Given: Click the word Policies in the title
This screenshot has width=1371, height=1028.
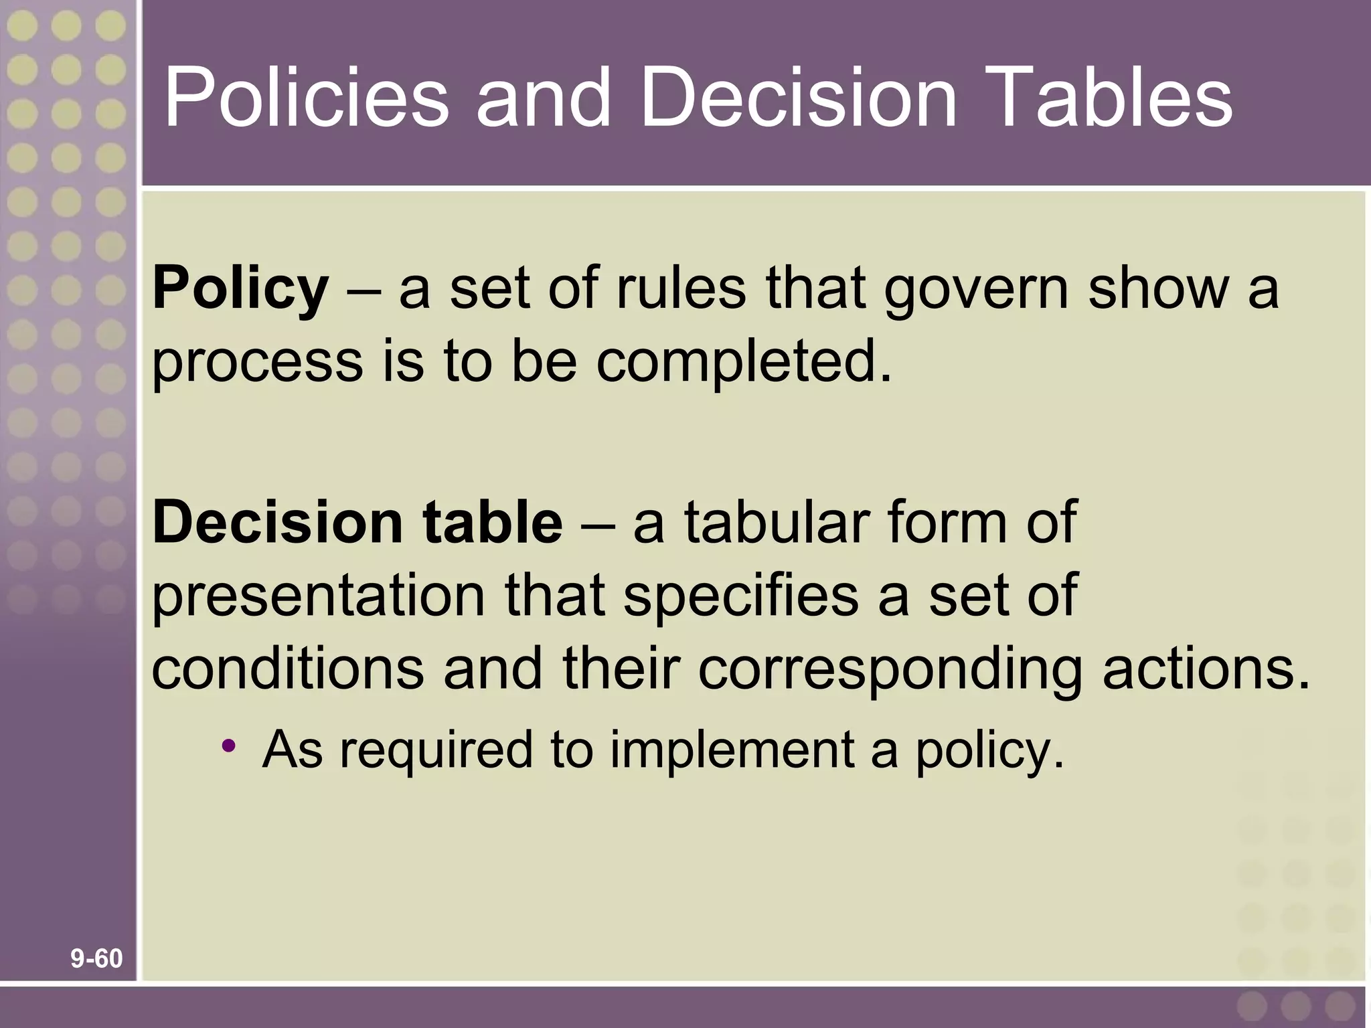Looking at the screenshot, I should click(306, 98).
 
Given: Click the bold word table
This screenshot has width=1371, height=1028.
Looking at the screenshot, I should click(493, 522).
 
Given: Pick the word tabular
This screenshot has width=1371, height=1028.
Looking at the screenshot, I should click(776, 522).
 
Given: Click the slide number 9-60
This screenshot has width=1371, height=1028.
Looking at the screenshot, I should click(97, 959).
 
